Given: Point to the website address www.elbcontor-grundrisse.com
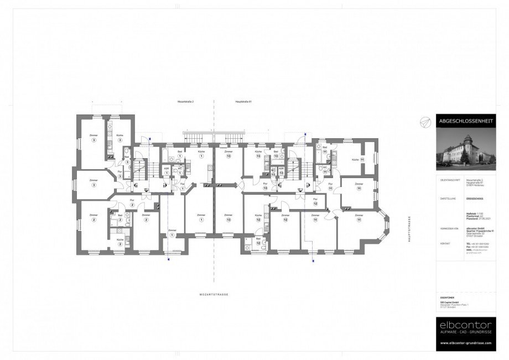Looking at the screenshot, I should pyautogui.click(x=463, y=343).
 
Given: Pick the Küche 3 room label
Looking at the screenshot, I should pyautogui.click(x=120, y=137).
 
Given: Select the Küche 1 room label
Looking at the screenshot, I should pyautogui.click(x=201, y=153).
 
